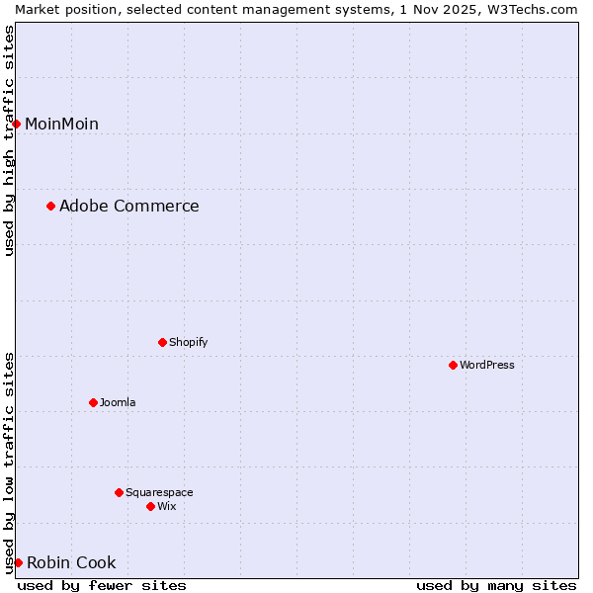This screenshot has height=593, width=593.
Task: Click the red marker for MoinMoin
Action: (x=17, y=124)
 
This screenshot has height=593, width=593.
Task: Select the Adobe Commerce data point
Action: (x=50, y=206)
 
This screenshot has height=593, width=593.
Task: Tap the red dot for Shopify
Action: (x=162, y=342)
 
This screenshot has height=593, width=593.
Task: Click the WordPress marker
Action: (x=453, y=365)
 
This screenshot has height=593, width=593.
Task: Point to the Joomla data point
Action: (x=93, y=402)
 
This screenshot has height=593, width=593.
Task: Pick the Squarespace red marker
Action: (x=119, y=492)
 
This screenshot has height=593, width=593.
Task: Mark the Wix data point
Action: (x=150, y=506)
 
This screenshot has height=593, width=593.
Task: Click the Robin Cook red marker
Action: (x=18, y=562)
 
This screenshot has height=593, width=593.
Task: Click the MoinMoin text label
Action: (x=61, y=124)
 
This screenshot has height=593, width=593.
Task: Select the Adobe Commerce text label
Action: (x=128, y=206)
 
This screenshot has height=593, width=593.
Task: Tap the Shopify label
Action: (x=188, y=342)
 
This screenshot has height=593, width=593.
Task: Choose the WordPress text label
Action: (x=486, y=365)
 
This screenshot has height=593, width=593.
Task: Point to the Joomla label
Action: (x=118, y=402)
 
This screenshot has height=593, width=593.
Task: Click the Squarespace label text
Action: (x=159, y=492)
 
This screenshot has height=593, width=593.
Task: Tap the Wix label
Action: (x=166, y=506)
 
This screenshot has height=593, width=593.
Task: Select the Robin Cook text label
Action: (x=71, y=562)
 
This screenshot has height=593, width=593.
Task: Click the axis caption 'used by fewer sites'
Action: (x=102, y=585)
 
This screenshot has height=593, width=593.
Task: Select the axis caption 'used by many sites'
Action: (x=496, y=585)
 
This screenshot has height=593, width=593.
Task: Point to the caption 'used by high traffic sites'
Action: (x=9, y=140)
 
